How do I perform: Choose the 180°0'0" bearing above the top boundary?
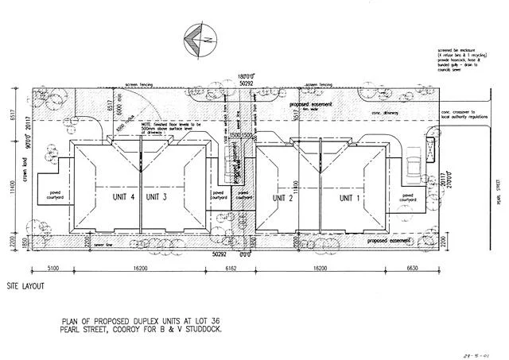click(250, 76)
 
